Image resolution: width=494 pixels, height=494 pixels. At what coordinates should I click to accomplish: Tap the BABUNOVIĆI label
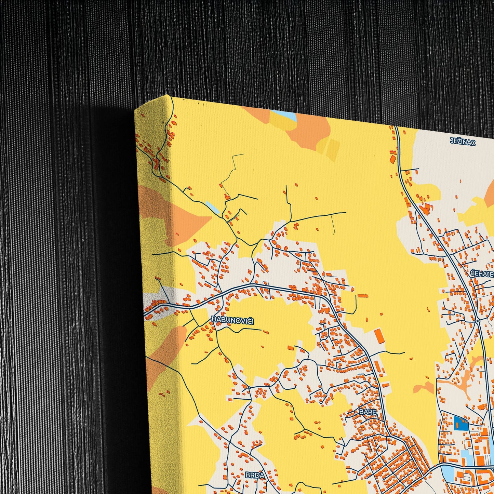(232, 320)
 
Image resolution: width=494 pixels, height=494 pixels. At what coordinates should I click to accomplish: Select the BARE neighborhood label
(368, 412)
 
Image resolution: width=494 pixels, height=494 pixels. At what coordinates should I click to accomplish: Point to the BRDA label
(255, 475)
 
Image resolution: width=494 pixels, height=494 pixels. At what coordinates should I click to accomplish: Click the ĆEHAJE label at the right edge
(482, 273)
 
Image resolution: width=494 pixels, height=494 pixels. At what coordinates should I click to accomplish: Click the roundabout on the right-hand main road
(477, 321)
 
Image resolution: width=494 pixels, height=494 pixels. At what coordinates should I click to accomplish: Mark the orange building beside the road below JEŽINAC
(393, 159)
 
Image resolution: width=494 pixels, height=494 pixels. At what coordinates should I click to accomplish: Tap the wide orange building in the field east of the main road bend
(363, 296)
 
